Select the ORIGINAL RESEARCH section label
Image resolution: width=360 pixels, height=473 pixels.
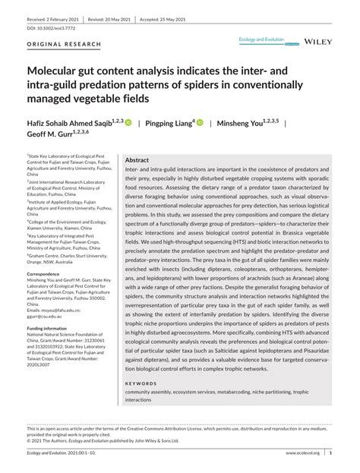65,45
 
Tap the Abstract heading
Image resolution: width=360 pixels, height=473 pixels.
137,161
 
